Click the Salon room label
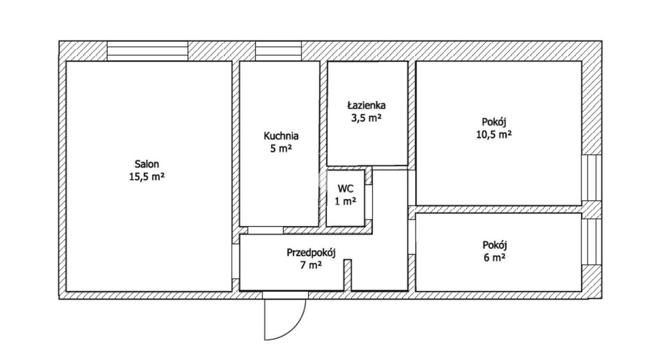tap(147, 164)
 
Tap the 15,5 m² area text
tap(147, 177)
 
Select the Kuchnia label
tap(281, 136)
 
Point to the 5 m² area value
tap(281, 148)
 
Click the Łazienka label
tap(366, 105)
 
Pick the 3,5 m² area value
tap(366, 118)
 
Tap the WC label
tap(345, 189)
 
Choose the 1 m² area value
tap(345, 202)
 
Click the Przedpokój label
tap(311, 252)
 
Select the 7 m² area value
tap(311, 265)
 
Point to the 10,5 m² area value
tap(494, 134)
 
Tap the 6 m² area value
tap(494, 257)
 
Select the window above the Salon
tap(148, 51)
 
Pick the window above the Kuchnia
tap(278, 51)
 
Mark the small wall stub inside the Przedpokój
tap(348, 275)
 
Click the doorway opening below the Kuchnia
tap(266, 231)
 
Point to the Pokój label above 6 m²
tap(494, 245)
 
